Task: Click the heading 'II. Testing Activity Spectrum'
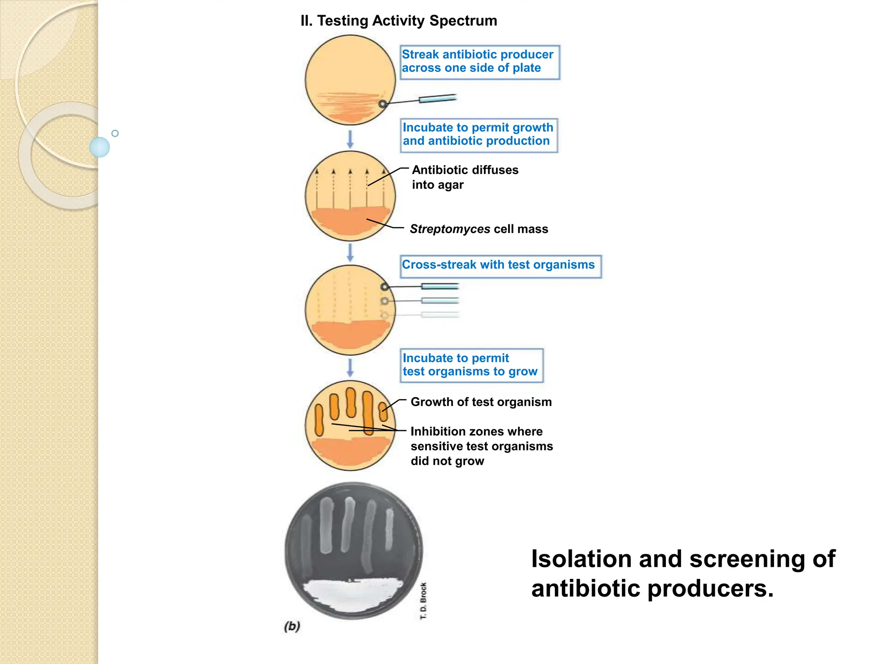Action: [398, 21]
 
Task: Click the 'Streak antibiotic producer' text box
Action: [479, 62]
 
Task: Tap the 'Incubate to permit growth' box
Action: [478, 135]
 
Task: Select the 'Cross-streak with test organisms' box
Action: [500, 266]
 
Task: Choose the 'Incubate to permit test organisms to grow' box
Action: [471, 365]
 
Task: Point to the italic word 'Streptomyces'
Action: [449, 229]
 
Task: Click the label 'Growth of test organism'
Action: [481, 402]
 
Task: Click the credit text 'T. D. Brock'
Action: [423, 600]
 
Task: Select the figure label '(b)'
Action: [292, 626]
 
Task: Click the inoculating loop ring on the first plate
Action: [382, 104]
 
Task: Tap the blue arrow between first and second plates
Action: [350, 139]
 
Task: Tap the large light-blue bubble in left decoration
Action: [99, 147]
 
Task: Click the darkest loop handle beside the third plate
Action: [439, 286]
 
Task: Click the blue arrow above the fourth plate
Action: [350, 367]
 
